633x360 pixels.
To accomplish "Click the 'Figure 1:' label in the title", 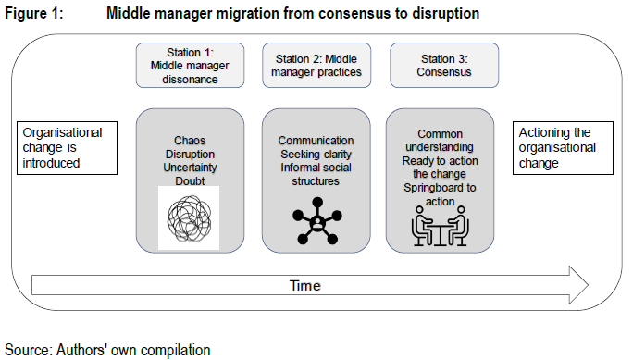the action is [34, 13].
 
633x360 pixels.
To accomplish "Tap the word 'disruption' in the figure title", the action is [446, 14].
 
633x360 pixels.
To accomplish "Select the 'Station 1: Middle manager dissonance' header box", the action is [190, 66].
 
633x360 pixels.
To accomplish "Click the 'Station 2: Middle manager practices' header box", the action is [316, 66].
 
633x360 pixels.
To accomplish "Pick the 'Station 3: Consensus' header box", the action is [444, 66].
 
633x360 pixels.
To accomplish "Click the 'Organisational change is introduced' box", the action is [67, 148].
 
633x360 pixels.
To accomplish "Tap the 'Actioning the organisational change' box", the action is [563, 148].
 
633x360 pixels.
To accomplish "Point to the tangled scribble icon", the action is [190, 219].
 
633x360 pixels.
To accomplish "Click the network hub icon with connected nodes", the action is [317, 221].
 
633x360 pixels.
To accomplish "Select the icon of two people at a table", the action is [440, 226].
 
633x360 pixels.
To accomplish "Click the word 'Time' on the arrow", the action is [305, 286].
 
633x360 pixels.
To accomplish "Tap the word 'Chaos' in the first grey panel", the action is [190, 141].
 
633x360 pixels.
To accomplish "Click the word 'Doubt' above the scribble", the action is [190, 180].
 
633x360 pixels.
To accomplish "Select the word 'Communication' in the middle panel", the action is [316, 141].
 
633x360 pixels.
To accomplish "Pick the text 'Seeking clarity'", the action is [316, 155].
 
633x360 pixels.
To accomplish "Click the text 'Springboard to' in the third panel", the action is [440, 188].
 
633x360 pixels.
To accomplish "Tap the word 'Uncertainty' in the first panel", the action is [190, 168].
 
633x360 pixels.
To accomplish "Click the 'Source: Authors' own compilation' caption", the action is [107, 350].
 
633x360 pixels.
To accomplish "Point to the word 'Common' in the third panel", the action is [440, 134].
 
